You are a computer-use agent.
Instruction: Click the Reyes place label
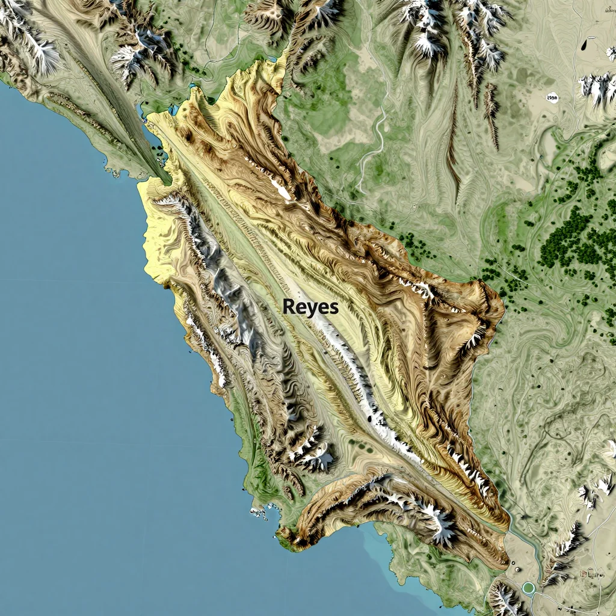tap(310, 307)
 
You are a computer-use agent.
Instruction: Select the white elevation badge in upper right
tap(552, 97)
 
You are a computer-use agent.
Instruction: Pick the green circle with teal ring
tap(529, 587)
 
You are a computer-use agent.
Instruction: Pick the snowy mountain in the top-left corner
tap(36, 42)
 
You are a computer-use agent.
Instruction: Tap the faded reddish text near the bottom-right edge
tap(593, 574)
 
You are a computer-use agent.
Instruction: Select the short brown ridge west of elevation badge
tap(491, 114)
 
